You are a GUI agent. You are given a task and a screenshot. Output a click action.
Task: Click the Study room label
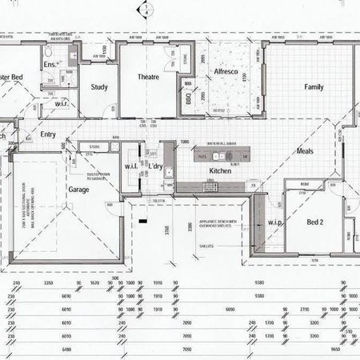coord(99,87)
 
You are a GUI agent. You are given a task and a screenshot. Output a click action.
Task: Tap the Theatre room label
coord(148,78)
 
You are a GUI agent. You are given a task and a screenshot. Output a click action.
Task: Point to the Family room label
coord(313,86)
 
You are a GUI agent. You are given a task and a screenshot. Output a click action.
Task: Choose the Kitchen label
coord(221,171)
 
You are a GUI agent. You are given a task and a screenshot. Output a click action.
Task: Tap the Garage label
coord(78,190)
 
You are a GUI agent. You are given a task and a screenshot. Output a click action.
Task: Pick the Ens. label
coord(50,64)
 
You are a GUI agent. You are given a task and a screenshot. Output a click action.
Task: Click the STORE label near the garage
coord(95,146)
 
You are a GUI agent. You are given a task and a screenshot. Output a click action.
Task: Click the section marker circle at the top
coord(146,10)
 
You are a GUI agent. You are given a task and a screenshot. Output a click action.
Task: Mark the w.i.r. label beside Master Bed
coord(62,102)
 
